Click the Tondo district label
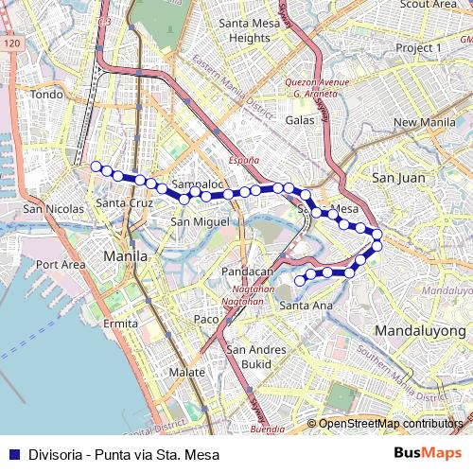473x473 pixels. (x=45, y=95)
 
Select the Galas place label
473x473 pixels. (x=299, y=121)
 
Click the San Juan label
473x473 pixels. (x=396, y=177)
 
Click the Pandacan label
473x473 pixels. (x=246, y=272)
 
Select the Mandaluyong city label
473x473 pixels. (x=421, y=331)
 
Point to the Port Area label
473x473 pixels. (x=61, y=265)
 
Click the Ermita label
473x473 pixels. (x=121, y=324)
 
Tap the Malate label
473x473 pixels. (x=186, y=373)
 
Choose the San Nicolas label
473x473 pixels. (x=47, y=208)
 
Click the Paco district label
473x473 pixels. (x=205, y=320)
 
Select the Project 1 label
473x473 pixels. (x=418, y=47)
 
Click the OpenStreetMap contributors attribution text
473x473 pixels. (x=391, y=424)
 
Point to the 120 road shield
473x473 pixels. (x=11, y=44)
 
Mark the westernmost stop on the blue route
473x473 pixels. (x=96, y=166)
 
